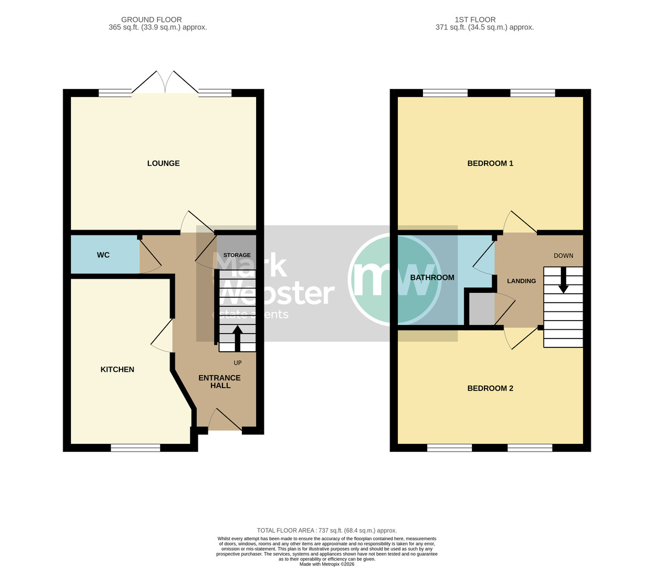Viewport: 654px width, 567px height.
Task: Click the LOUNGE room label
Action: tap(163, 164)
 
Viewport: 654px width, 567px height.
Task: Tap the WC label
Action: tap(103, 255)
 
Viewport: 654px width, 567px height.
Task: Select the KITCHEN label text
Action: tap(117, 370)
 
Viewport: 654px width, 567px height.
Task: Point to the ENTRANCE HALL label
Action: tap(220, 382)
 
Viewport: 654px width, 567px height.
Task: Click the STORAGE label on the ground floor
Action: tap(237, 255)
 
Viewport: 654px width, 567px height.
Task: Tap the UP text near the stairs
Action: tap(238, 363)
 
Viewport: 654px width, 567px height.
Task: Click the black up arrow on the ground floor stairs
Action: tap(237, 338)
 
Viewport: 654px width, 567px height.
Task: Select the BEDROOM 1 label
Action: tap(490, 164)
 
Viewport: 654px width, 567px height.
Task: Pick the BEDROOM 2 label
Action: tap(490, 388)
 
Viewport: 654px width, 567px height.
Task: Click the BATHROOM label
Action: tap(432, 278)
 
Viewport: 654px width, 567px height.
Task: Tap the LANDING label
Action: tap(522, 281)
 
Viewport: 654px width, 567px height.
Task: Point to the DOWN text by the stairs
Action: tap(564, 256)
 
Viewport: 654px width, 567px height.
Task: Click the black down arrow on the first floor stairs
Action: tap(563, 280)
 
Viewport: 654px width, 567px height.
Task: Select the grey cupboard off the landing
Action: tap(482, 309)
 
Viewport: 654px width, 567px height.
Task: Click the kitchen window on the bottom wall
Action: tap(135, 448)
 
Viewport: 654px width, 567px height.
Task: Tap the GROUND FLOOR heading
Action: tap(152, 20)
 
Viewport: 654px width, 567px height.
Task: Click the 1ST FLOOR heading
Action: tap(475, 20)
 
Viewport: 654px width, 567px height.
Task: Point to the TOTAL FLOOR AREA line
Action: tap(327, 530)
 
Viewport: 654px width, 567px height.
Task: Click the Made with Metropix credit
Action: tap(327, 564)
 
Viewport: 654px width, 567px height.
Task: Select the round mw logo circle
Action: tap(395, 280)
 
